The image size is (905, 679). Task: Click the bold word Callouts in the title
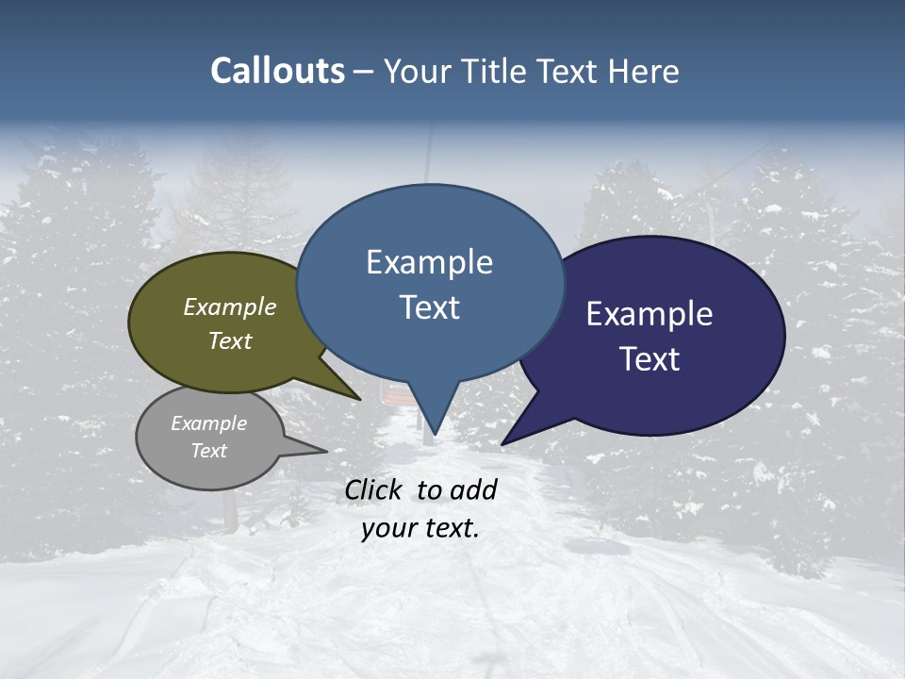point(277,71)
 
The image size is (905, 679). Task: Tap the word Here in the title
point(645,72)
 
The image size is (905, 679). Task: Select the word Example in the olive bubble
point(230,306)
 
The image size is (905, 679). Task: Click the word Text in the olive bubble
point(230,340)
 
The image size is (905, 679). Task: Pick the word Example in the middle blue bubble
point(429,261)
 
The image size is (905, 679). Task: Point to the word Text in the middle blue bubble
point(429,306)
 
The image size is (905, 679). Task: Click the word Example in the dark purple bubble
point(650,313)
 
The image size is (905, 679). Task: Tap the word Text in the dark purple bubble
point(650,358)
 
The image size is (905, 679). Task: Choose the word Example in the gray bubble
point(209,423)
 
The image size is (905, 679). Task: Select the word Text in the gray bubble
point(209,451)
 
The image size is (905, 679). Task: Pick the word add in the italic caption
point(473,489)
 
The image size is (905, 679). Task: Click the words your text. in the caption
point(420,528)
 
